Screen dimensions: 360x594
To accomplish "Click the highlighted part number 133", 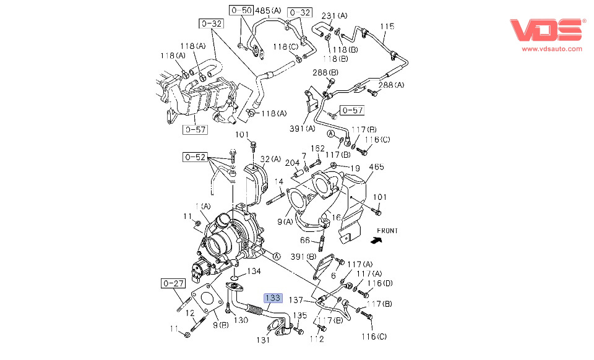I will click(273, 298).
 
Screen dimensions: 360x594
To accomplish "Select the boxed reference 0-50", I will click(241, 11).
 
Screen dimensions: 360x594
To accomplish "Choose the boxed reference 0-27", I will click(174, 283).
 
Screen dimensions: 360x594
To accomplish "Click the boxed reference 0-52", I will click(194, 157).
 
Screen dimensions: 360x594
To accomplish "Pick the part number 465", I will click(377, 167).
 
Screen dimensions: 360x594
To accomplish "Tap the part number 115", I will click(387, 27).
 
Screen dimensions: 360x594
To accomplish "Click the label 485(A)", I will click(268, 11).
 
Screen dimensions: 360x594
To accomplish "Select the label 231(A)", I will click(335, 15).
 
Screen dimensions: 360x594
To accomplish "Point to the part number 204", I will click(292, 163).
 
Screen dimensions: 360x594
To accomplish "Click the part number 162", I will click(317, 148).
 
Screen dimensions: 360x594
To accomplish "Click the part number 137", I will click(297, 300).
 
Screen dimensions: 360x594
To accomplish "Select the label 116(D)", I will click(379, 284).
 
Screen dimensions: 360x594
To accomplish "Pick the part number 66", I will click(304, 240).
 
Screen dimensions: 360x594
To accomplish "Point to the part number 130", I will click(240, 320).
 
